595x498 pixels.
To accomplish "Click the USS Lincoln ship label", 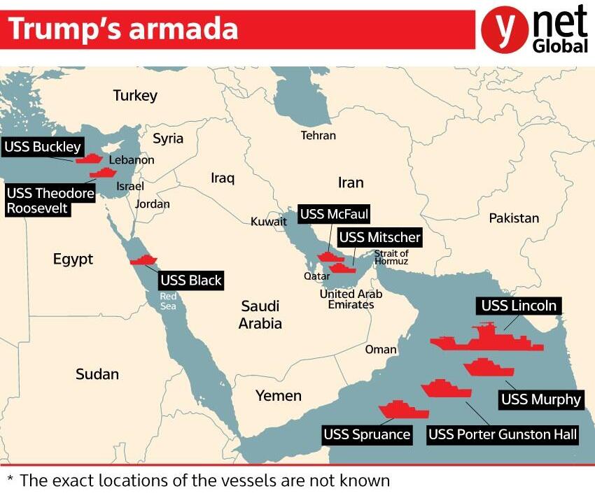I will pyautogui.click(x=519, y=306).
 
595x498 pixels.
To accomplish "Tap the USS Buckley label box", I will pyautogui.click(x=42, y=147).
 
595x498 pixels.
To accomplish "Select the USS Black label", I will pyautogui.click(x=190, y=280).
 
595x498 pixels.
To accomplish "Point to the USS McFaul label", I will pyautogui.click(x=333, y=214).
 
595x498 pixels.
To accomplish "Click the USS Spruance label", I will pyautogui.click(x=366, y=434).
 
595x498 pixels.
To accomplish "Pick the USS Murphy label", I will pyautogui.click(x=540, y=399).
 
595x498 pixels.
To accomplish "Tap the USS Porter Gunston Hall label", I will pyautogui.click(x=503, y=434).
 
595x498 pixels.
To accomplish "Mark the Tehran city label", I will pyautogui.click(x=318, y=135).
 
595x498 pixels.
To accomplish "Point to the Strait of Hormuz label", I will pyautogui.click(x=391, y=257).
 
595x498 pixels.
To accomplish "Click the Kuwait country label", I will pyautogui.click(x=269, y=222).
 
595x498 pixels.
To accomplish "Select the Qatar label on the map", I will pyautogui.click(x=316, y=276).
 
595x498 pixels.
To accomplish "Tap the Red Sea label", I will pyautogui.click(x=169, y=301).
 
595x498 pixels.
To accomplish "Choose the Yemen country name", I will pyautogui.click(x=278, y=396).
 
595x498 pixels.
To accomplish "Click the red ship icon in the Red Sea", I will pyautogui.click(x=144, y=260).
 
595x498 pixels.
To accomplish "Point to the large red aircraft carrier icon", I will pyautogui.click(x=486, y=339).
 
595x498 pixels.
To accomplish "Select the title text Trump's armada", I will pyautogui.click(x=123, y=29).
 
